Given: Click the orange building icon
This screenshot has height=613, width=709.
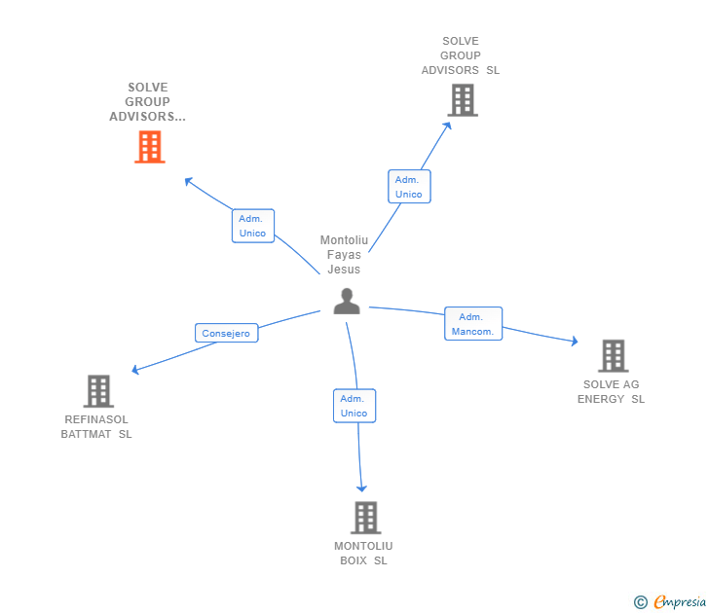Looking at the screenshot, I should coord(149,147).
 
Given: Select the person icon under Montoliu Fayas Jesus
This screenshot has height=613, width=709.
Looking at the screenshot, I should coord(346,302).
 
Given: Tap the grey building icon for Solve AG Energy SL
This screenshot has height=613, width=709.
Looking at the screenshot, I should coord(613,356).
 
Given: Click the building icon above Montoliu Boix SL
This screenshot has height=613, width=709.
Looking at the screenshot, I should coord(365,518).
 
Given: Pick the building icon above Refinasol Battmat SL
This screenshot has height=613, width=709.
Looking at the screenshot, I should coord(98,391).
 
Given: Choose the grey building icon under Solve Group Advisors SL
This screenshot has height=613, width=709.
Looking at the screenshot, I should coord(462,99).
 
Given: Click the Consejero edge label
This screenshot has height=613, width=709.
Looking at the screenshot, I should coord(226,333).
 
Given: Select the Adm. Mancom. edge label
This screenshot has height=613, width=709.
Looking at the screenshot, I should coord(473,324).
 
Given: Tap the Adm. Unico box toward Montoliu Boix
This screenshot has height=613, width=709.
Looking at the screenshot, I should coord(354,406).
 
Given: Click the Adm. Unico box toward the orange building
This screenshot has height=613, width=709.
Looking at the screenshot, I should coord(252,226).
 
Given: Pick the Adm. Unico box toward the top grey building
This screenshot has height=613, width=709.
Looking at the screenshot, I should coord(408,187).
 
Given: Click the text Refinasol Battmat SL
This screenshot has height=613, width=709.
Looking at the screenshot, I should coord(96,427).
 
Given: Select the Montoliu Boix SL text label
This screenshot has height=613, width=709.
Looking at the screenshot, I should coord(363,553).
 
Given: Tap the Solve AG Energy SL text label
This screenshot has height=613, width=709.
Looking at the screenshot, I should coord(611,391).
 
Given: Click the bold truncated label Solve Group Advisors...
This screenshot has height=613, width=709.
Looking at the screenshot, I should coord(147,102).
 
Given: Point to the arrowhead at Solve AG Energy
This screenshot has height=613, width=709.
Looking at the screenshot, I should coord(575,342).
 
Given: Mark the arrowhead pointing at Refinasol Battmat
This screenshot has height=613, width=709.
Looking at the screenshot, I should coord(135,371).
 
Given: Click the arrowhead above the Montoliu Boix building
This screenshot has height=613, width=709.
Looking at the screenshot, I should coord(362,488).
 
